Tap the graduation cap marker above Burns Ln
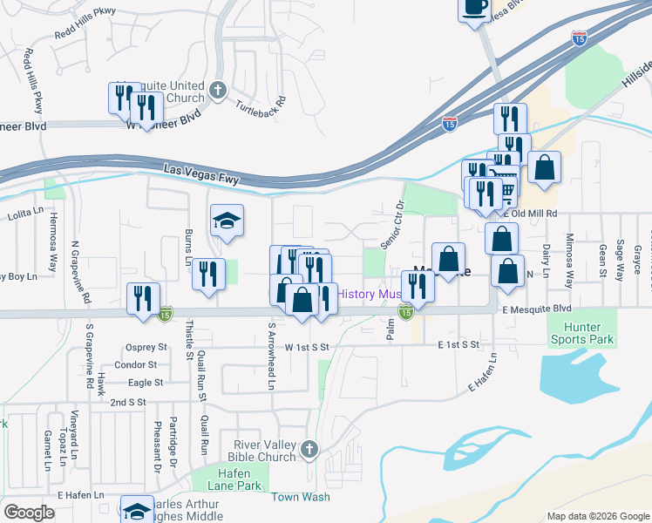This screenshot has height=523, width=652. click(x=227, y=221)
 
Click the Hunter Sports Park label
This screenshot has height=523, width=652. click(x=581, y=332)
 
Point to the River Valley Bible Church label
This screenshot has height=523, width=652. click(x=261, y=450)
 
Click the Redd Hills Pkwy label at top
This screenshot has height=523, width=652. click(x=85, y=35)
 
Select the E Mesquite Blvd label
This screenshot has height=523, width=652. click(x=535, y=309)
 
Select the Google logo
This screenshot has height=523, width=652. click(x=29, y=512)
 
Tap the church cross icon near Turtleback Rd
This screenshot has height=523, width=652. click(x=218, y=90)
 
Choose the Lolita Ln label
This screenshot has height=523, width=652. click(x=25, y=213)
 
